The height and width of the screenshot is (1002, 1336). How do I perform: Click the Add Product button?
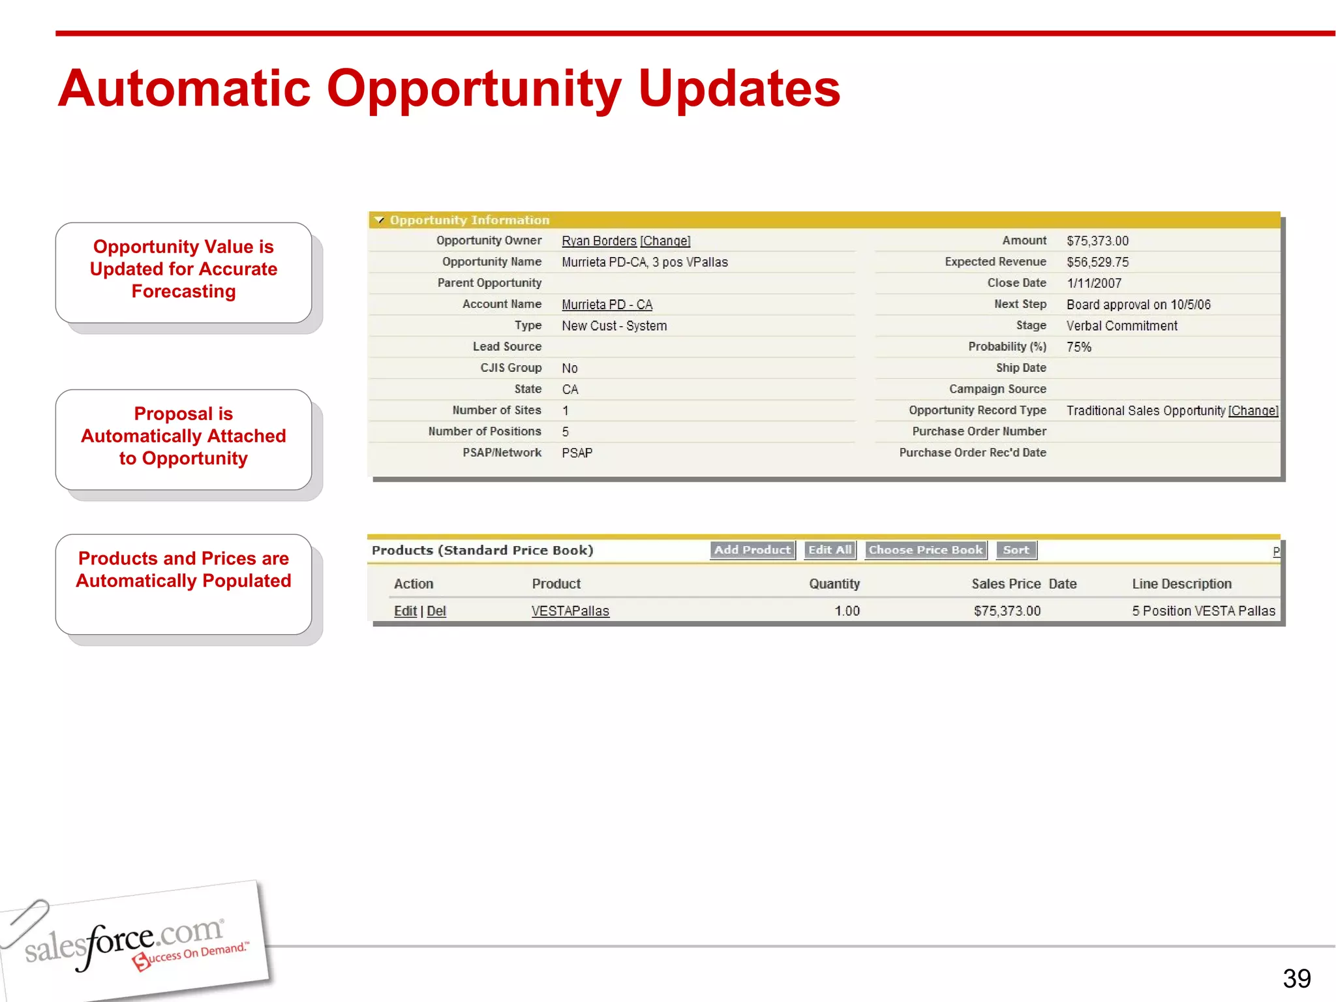tap(752, 550)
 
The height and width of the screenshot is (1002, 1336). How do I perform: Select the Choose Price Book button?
tap(925, 550)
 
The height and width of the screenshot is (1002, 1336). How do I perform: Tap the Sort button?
tap(1016, 550)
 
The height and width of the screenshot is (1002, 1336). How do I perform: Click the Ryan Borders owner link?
tap(599, 241)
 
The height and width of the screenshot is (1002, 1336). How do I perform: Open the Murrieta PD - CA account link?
tap(607, 305)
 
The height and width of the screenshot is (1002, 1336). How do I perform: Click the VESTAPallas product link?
tap(570, 611)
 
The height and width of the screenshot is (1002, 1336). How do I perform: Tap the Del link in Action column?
tap(436, 611)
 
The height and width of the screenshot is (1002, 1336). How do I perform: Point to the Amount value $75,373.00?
tap(1097, 241)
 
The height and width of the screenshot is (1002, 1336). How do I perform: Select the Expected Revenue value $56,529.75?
tap(1097, 262)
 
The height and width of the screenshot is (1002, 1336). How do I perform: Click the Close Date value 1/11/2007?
tap(1094, 283)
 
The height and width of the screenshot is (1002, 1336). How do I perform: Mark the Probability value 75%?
tap(1079, 347)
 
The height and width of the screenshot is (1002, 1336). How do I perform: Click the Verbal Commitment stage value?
tap(1121, 326)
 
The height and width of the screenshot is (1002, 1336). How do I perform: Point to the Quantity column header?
tap(834, 584)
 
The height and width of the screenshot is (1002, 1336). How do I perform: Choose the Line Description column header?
tap(1181, 584)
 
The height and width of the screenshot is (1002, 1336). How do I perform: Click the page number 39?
tap(1296, 979)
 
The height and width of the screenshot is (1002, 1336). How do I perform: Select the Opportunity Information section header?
tap(469, 220)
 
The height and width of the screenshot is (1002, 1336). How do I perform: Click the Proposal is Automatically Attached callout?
tap(183, 436)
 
